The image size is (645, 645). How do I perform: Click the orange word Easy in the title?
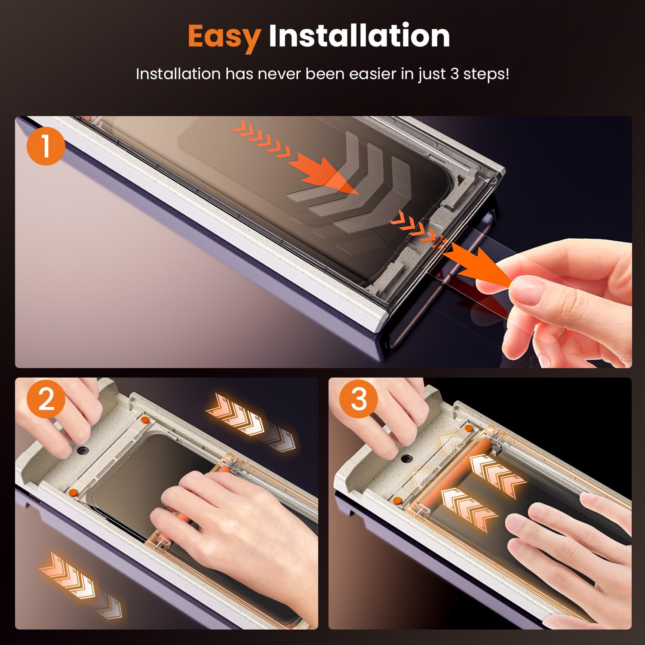tap(224, 37)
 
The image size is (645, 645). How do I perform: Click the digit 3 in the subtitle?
tap(455, 74)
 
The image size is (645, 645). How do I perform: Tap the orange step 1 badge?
tap(46, 146)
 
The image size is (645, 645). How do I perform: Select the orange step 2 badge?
tap(46, 399)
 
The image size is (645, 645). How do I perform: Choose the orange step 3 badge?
tap(359, 399)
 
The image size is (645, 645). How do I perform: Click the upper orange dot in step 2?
tap(145, 419)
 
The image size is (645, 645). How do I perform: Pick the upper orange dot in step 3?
tap(468, 428)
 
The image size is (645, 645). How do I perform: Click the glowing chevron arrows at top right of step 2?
tap(250, 419)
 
